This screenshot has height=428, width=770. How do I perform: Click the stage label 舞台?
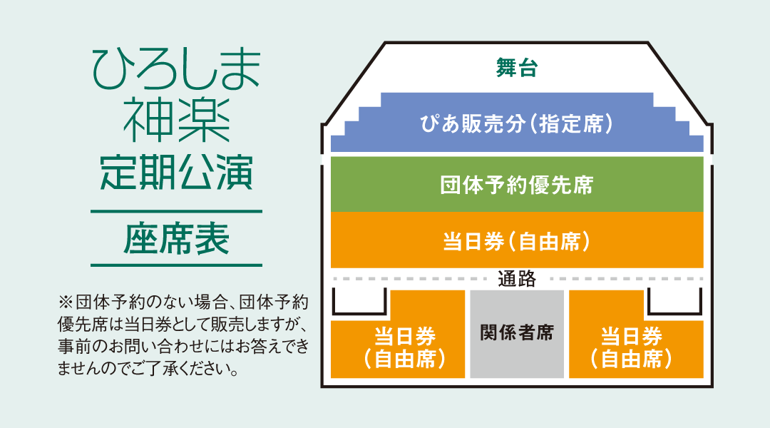517,68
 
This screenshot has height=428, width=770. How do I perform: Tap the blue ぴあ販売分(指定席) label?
517,124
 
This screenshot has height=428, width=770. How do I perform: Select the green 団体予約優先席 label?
517,185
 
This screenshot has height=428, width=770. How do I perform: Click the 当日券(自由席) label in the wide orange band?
517,242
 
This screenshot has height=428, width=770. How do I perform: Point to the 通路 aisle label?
517,279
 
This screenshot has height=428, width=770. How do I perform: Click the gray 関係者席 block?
517,334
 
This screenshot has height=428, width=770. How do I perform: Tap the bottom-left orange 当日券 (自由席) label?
405,348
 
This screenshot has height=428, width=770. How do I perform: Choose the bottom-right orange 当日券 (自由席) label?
632,348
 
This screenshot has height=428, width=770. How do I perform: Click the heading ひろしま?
177,70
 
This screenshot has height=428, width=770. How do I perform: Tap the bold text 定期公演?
177,173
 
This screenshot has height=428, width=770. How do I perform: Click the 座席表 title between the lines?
177,239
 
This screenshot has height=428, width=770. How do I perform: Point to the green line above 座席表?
176,212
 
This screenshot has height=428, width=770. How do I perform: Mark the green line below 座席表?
176,265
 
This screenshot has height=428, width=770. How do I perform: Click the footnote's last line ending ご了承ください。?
148,367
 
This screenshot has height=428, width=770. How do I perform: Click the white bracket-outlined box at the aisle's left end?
359,314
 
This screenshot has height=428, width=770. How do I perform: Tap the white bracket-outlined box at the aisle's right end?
674,314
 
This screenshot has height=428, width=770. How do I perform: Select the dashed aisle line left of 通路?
411,279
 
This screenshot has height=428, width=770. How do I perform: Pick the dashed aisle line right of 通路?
627,279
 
